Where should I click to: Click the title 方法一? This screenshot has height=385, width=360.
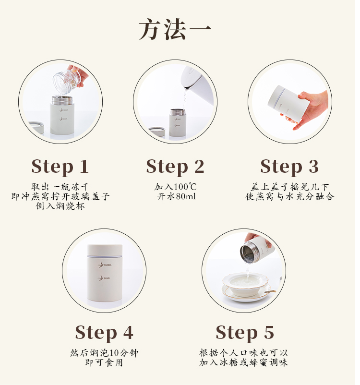175,29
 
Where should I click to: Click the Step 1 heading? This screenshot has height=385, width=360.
60,167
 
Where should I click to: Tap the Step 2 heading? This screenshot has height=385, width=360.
175,167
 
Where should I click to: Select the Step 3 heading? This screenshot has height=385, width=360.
289,167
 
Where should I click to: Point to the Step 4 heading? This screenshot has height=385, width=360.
104,333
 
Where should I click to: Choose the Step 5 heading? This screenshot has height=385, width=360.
245,333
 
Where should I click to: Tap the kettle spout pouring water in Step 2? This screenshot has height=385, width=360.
187,87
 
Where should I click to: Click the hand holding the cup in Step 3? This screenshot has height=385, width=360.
309,108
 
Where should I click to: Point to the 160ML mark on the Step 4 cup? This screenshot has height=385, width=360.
105,265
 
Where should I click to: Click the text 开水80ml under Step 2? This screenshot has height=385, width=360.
176,196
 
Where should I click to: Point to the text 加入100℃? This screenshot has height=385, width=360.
175,187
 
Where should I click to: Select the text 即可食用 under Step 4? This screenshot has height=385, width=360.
104,362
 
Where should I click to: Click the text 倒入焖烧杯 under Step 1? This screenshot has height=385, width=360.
60,206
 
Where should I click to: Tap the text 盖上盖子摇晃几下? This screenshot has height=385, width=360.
290,187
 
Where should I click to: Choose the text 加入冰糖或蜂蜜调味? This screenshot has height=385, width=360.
243,362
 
